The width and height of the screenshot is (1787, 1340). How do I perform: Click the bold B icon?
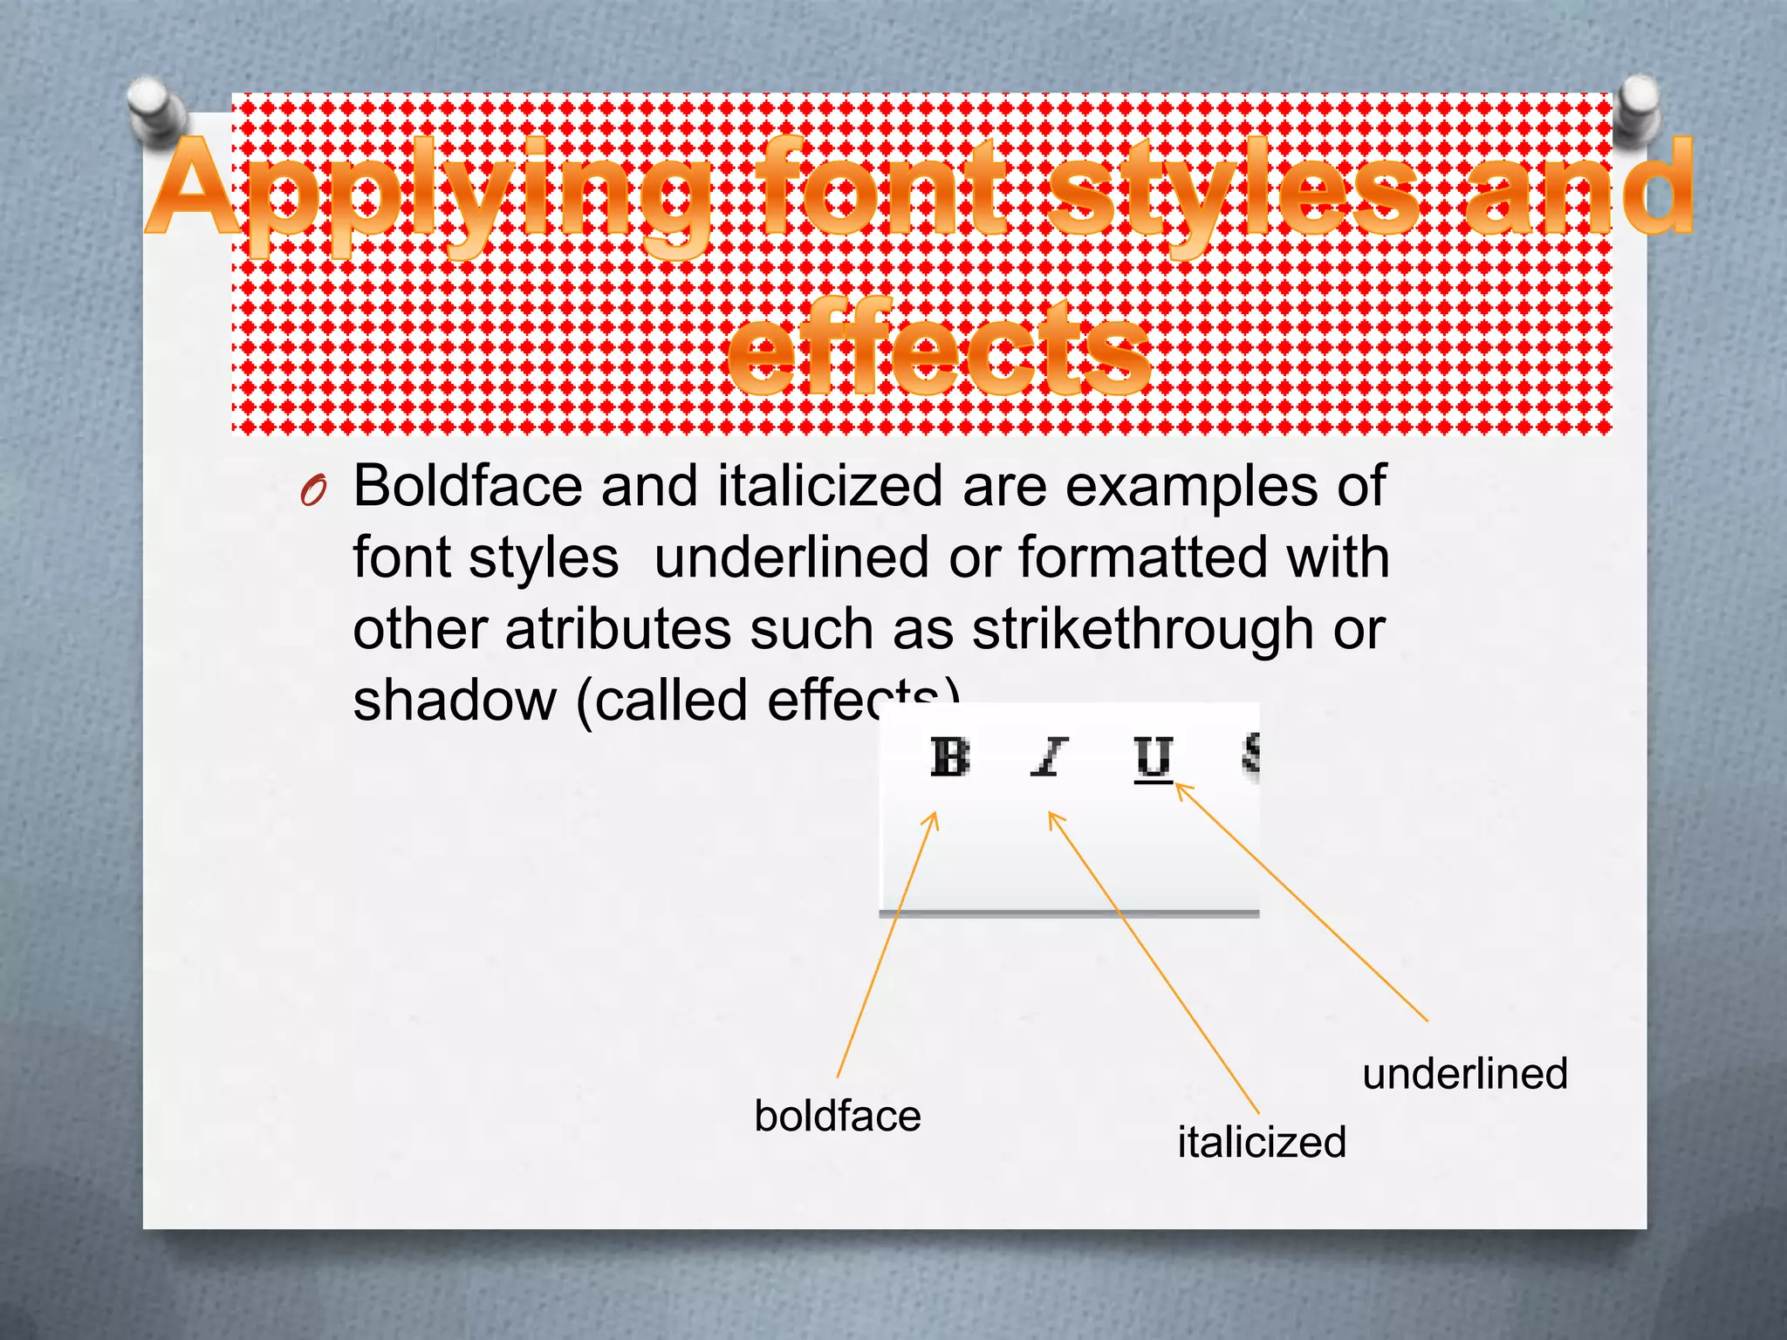949,757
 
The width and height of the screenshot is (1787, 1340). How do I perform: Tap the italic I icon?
1049,757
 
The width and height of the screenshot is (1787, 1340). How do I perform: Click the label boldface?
838,1116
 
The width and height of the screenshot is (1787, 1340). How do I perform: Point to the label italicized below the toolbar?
1262,1142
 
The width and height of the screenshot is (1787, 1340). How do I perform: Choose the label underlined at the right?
1465,1073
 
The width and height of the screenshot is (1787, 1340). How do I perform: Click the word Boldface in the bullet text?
468,486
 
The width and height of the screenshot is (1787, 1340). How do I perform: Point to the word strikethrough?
1142,630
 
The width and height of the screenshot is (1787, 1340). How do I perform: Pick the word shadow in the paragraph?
454,701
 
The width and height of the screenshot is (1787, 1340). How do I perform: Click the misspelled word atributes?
618,630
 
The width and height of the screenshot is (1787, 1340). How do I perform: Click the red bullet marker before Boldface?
312,493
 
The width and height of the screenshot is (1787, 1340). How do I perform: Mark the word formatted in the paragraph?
1142,557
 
